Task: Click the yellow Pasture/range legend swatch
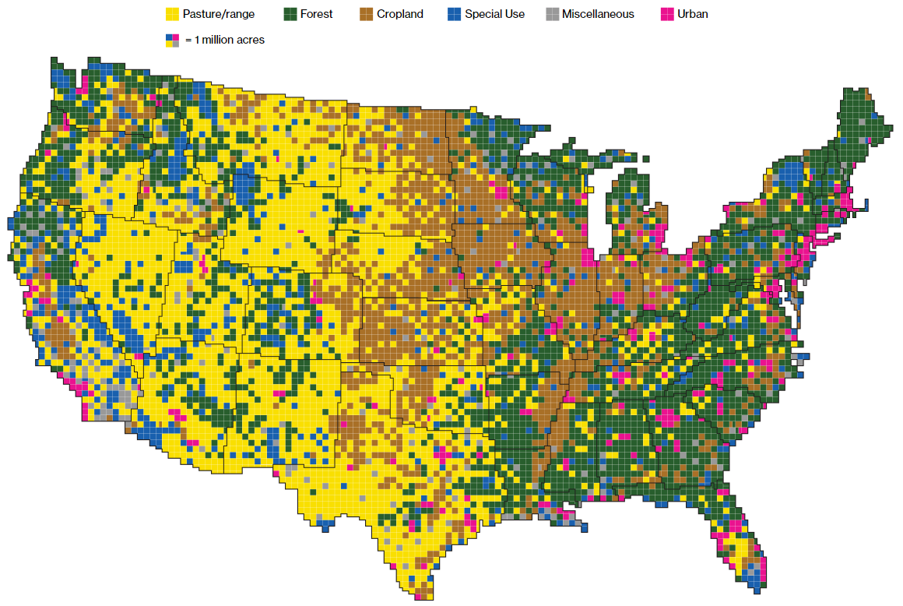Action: click(172, 14)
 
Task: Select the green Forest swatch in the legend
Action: click(290, 14)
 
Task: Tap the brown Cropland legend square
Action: click(366, 14)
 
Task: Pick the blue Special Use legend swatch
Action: click(454, 14)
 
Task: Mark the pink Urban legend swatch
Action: click(667, 14)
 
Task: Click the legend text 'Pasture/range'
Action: click(219, 14)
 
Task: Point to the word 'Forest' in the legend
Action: click(317, 14)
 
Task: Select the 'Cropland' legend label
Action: click(400, 14)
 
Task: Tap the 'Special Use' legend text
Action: click(494, 14)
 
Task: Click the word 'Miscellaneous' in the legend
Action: click(598, 14)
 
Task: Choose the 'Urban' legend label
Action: click(693, 14)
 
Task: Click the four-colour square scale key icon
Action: click(172, 40)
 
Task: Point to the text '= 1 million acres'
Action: click(225, 40)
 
